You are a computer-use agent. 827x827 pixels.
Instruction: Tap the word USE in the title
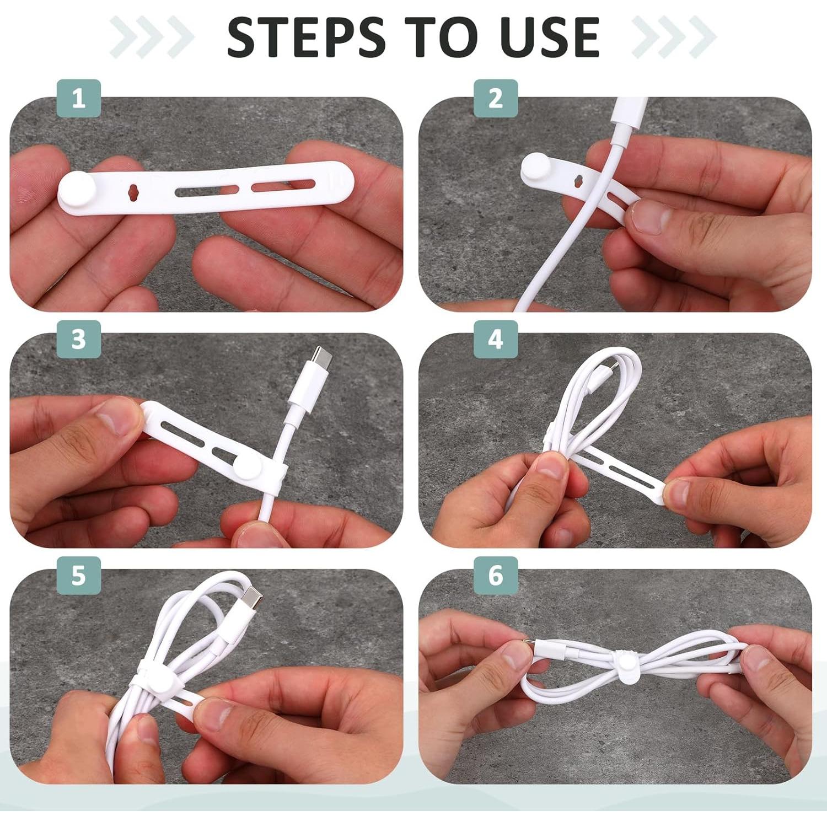(x=544, y=37)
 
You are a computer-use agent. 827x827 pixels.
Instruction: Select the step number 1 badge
(x=78, y=98)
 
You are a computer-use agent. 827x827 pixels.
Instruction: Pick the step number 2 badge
(x=496, y=98)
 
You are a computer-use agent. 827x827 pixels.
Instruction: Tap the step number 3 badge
(x=78, y=339)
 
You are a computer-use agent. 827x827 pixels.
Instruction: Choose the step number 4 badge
(x=496, y=339)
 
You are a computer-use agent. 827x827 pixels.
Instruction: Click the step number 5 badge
(x=78, y=575)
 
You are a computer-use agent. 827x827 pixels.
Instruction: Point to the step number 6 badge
(x=496, y=575)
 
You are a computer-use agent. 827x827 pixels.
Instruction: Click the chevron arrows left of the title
(x=152, y=37)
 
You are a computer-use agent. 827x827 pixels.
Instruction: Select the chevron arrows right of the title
(x=674, y=37)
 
